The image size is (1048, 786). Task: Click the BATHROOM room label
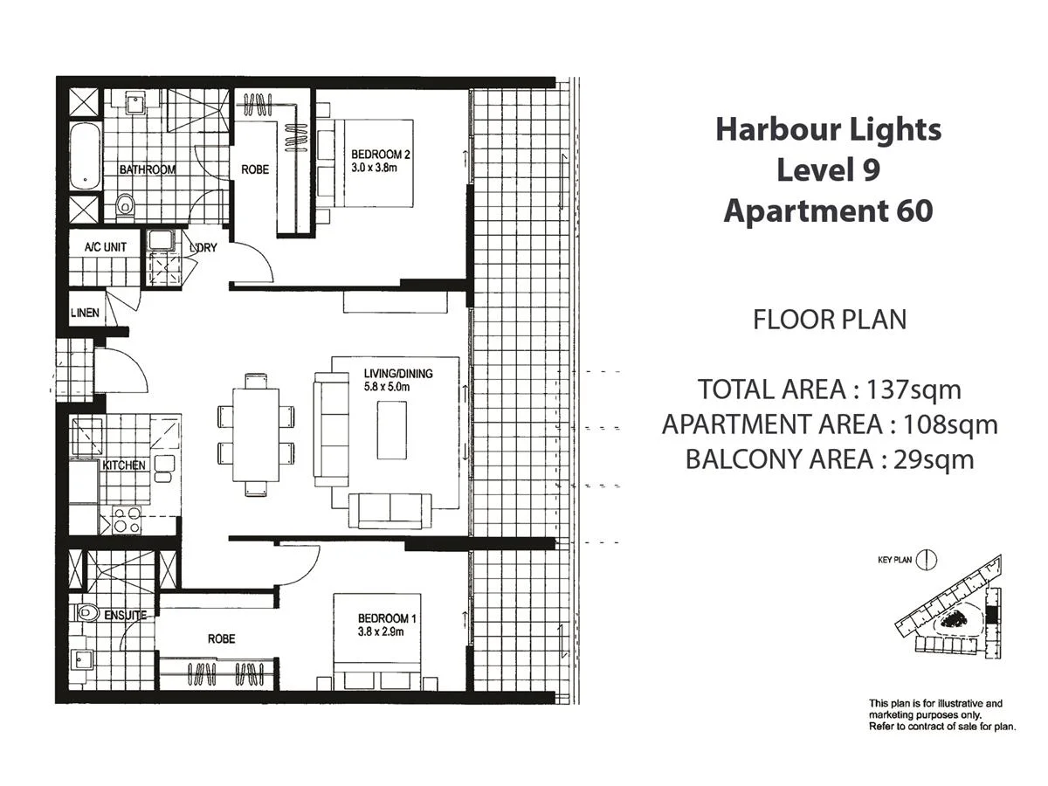148,169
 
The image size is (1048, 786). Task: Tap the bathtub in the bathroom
85,157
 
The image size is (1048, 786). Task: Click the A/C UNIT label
105,247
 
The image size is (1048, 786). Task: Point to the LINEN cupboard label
85,313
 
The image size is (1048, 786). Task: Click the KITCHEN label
124,465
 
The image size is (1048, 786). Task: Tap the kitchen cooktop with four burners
127,521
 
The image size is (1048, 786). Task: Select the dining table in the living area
256,434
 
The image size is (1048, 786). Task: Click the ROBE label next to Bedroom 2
255,169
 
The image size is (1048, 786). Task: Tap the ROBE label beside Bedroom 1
221,639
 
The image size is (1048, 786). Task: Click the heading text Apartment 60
828,210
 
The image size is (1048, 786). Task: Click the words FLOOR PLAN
829,320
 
